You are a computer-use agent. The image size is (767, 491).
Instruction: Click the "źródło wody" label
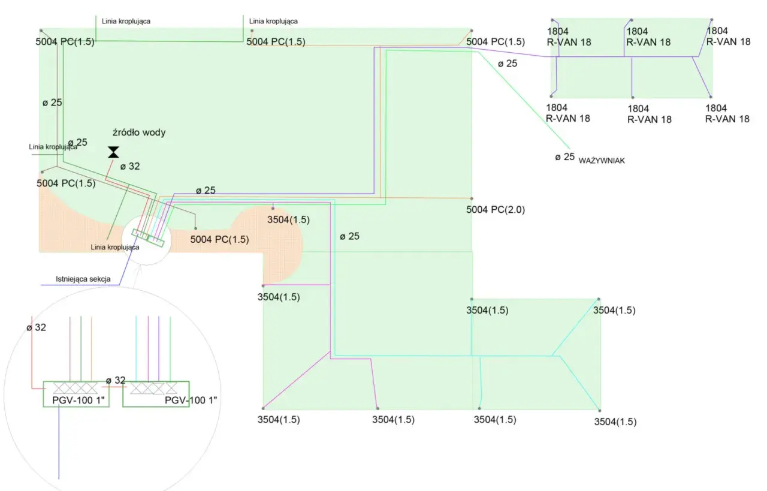point(139,132)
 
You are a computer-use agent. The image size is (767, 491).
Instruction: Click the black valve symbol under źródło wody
point(113,152)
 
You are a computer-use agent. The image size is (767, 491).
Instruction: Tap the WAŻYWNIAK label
point(602,160)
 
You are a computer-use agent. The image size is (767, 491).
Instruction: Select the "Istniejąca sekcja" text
point(83,279)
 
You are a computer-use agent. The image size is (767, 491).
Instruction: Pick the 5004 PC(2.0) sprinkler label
point(496,209)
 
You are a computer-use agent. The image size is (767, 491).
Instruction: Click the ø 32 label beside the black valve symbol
point(130,167)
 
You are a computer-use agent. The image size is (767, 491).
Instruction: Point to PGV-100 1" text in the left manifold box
point(78,400)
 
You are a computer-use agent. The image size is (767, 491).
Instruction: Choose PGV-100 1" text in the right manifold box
point(191,400)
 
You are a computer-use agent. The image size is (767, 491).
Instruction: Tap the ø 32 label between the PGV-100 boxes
point(116,380)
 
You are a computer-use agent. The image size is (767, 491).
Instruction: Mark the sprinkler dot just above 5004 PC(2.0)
point(472,198)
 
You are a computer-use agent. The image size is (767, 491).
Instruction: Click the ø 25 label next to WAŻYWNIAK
point(565,157)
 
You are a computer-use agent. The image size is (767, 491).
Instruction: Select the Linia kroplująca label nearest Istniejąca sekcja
point(115,247)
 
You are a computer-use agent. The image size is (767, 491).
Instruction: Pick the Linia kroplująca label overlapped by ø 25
point(53,147)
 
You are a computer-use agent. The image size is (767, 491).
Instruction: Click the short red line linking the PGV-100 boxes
point(114,387)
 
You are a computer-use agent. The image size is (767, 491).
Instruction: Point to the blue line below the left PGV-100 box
point(59,442)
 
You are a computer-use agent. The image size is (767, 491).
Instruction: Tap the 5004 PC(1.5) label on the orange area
point(219,239)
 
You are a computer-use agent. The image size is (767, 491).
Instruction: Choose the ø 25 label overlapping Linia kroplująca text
point(78,142)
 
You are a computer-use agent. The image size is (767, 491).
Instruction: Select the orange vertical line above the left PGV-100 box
point(92,349)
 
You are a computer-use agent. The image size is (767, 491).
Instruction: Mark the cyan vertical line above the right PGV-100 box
point(136,349)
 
